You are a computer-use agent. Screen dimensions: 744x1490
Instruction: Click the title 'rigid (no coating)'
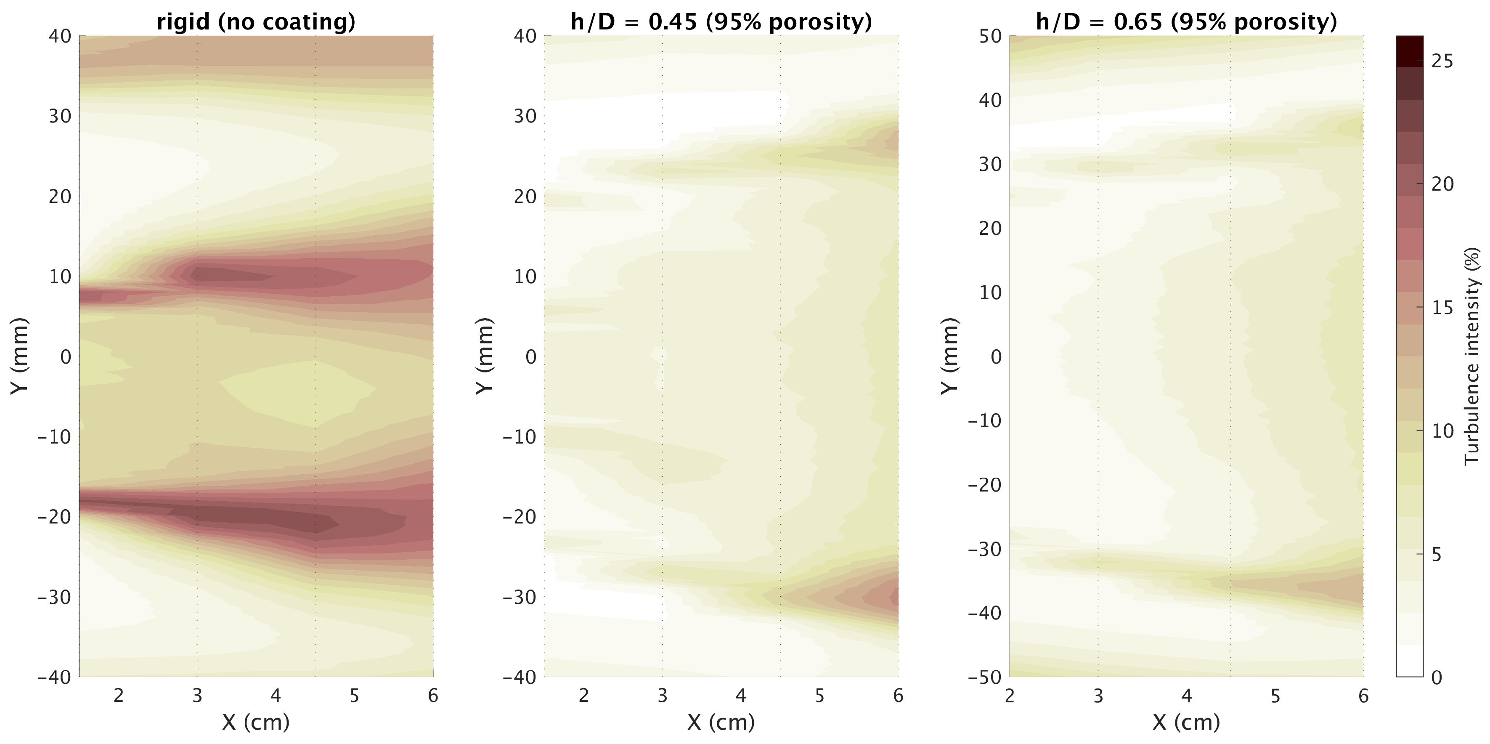tap(256, 21)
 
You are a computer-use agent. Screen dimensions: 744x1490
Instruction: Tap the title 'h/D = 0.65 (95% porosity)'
tap(1186, 21)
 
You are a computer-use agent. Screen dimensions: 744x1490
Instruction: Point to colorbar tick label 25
tap(1442, 61)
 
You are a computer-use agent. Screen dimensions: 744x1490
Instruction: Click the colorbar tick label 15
tap(1442, 307)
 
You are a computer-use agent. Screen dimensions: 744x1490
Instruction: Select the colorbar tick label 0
tap(1437, 678)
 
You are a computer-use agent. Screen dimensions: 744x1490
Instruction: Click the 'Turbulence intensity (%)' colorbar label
tap(1472, 356)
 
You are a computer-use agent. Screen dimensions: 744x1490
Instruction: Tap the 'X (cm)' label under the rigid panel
tap(256, 721)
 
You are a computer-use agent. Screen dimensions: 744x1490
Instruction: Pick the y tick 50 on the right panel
tap(990, 36)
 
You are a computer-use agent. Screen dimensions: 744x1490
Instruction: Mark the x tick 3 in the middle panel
tap(662, 696)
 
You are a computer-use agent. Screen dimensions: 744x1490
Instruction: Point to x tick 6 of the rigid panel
tap(432, 696)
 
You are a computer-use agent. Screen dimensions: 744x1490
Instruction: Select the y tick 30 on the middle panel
tap(525, 116)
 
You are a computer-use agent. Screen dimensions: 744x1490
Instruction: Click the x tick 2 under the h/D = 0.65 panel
tap(1010, 696)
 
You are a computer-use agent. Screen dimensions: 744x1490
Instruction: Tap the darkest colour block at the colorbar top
tap(1410, 51)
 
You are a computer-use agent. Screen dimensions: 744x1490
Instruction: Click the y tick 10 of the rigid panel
tap(60, 276)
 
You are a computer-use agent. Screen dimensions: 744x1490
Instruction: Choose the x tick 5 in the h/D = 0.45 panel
tap(819, 696)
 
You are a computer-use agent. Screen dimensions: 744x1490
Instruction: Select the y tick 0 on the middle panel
tap(530, 356)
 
